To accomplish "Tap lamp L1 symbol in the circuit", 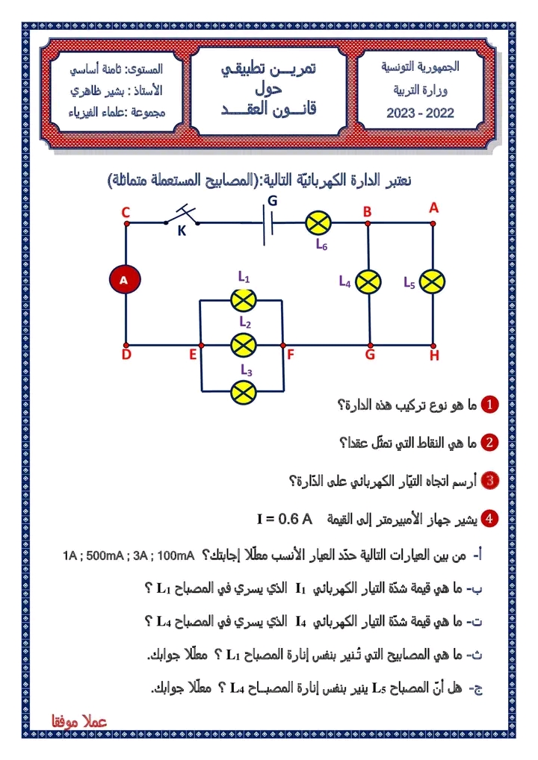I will [243, 300].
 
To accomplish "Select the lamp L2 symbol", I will [243, 345].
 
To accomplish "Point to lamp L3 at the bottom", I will [243, 390].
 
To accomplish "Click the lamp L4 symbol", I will [368, 281].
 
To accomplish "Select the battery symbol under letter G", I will [268, 222].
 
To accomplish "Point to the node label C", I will [126, 214].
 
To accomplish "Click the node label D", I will [126, 355].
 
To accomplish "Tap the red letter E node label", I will [192, 355].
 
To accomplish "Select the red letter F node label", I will [291, 355].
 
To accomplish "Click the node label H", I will [434, 356].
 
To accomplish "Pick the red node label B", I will [368, 212].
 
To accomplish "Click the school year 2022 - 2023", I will [420, 114].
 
